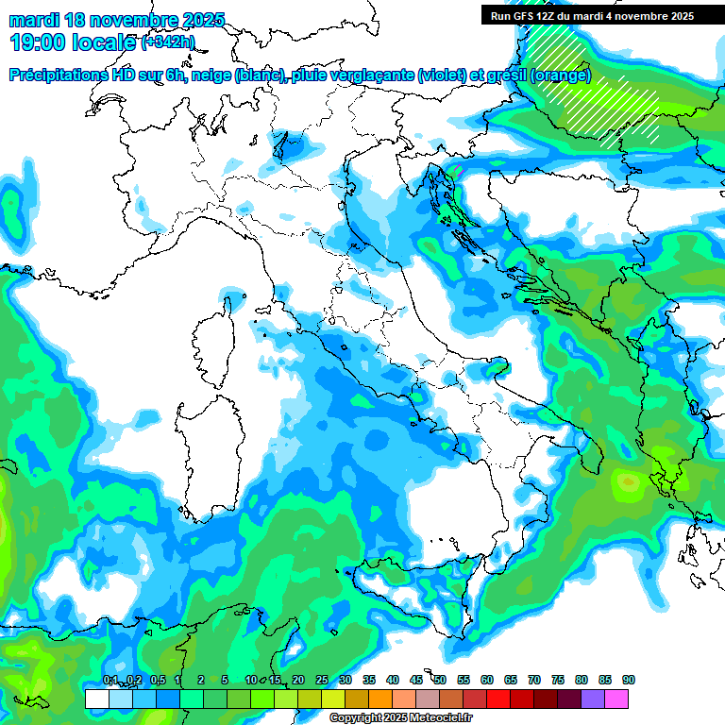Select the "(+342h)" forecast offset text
pyautogui.click(x=167, y=42)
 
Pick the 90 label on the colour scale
pyautogui.click(x=629, y=680)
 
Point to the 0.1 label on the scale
pyautogui.click(x=110, y=680)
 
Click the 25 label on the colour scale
pyautogui.click(x=322, y=680)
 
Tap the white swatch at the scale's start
pyautogui.click(x=96, y=699)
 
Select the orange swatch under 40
pyautogui.click(x=380, y=699)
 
